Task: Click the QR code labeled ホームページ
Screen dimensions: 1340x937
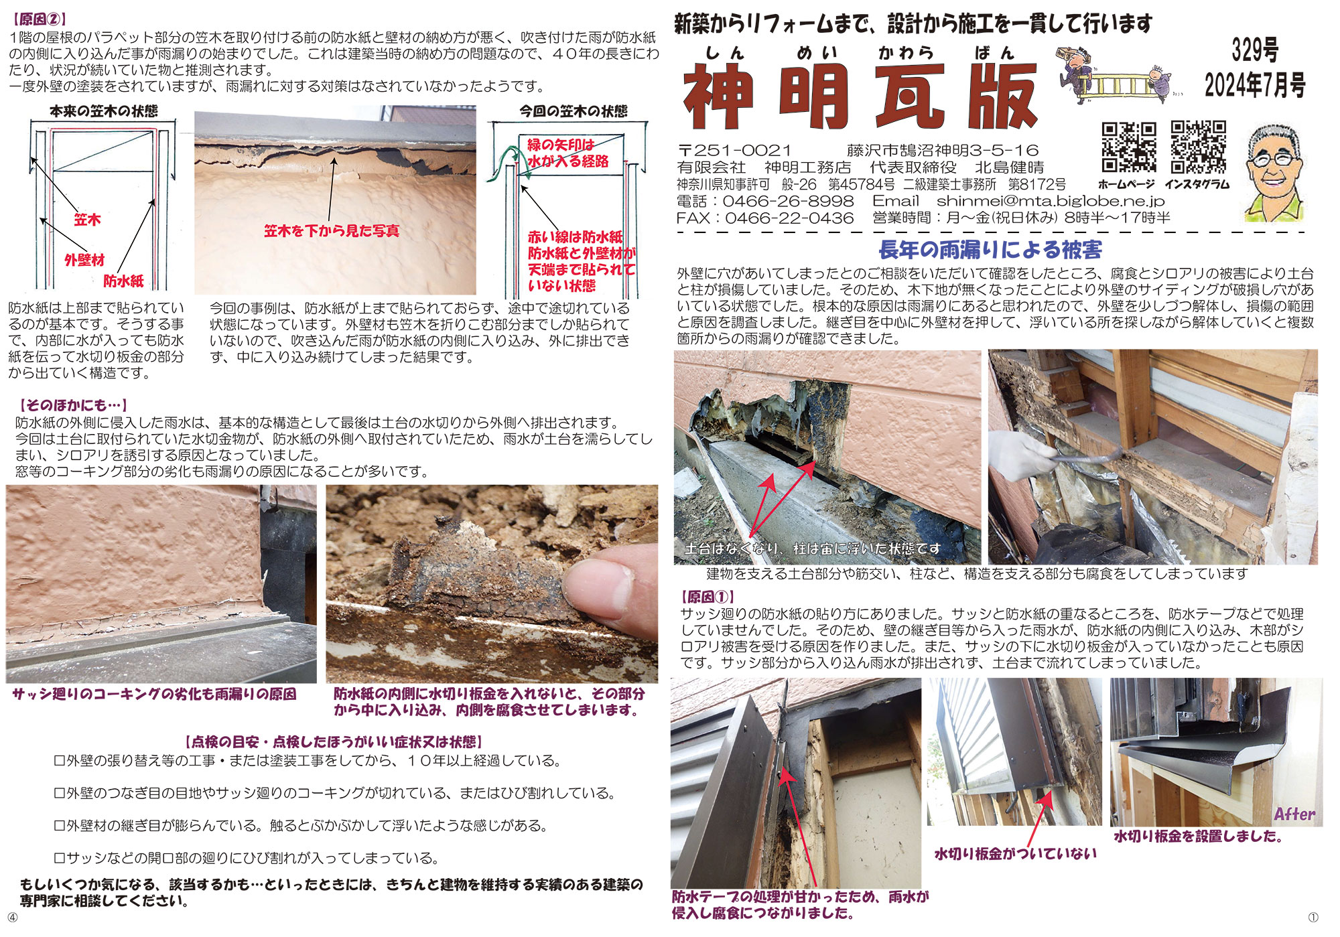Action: pos(1129,147)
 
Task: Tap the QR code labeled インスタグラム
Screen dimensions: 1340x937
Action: pos(1199,147)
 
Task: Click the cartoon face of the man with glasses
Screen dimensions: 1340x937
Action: pos(1274,173)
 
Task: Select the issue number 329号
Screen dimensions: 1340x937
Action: pos(1255,50)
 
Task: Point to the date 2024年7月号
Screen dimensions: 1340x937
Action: pos(1255,85)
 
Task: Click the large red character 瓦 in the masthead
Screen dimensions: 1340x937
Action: pos(910,96)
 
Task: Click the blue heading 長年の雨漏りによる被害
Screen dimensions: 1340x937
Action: pos(990,250)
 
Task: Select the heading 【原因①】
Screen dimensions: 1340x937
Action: pos(708,597)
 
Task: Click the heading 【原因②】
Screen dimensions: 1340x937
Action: pos(40,19)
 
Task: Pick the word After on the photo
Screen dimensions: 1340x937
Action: pos(1294,814)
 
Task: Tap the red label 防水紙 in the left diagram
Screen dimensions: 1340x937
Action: pos(123,281)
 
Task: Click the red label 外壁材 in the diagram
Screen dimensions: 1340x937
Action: pos(84,260)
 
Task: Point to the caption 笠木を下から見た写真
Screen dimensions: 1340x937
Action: pos(332,231)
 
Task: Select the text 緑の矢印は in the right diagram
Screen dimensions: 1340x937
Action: pos(561,145)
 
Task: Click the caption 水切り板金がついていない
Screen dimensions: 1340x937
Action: pos(1016,854)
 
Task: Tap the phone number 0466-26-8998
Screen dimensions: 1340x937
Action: pos(788,201)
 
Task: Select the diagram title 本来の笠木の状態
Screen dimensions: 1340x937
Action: pos(104,111)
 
